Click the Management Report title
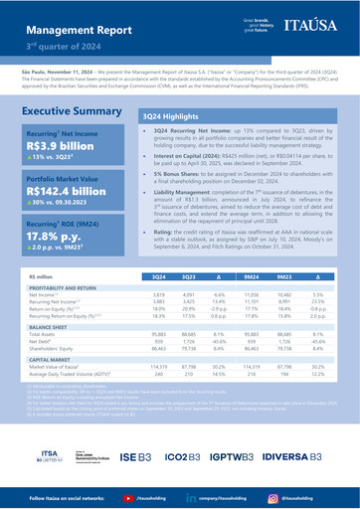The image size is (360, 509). [x=66, y=21]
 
